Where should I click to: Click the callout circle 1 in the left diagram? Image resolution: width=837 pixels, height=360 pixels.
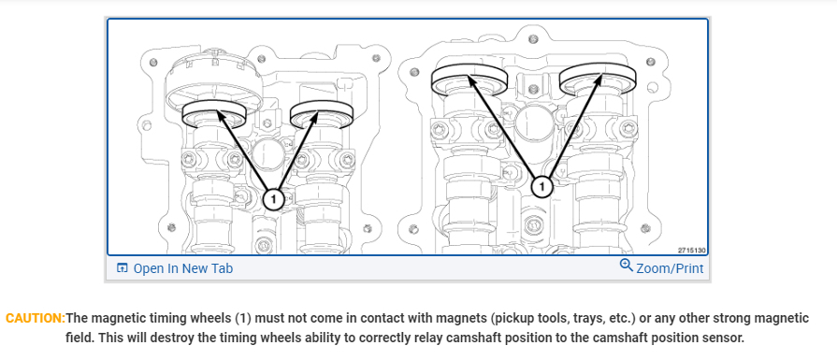coord(273,199)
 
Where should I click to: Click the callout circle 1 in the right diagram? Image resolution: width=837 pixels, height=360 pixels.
coord(542,187)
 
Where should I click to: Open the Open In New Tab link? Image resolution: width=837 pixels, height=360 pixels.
coord(182,268)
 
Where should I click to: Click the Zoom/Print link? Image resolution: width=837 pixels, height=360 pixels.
coord(670,268)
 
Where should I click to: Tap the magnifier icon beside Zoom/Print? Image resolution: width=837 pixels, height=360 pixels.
coord(627,265)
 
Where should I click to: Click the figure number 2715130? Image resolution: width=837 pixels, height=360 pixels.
coord(692,251)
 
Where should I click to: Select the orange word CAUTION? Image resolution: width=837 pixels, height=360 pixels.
coord(36,319)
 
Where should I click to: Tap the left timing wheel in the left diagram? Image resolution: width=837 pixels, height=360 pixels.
coord(214,114)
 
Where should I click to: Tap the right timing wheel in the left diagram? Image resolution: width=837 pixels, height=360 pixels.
coord(322,114)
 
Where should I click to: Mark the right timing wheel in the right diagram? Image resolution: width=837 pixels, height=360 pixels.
coord(598,79)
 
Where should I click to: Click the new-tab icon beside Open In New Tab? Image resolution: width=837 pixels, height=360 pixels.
coord(123,267)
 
